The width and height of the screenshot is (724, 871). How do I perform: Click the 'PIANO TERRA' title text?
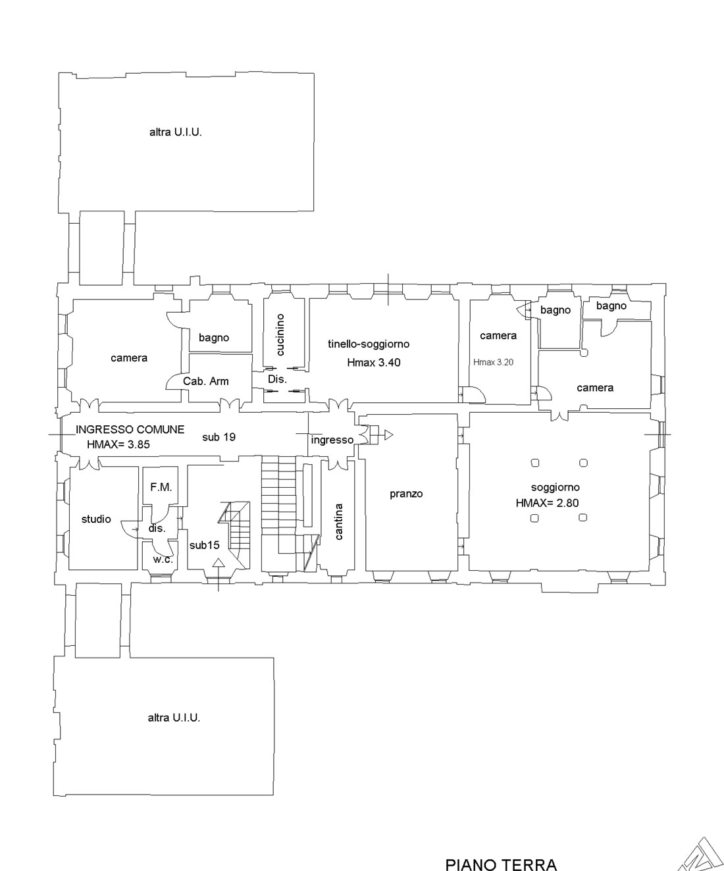(501, 864)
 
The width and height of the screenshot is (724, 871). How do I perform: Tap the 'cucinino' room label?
(280, 334)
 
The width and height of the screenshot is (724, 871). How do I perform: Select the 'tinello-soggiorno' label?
(369, 344)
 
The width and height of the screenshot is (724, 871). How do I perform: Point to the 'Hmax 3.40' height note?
(374, 363)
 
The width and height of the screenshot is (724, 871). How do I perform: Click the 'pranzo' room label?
(406, 494)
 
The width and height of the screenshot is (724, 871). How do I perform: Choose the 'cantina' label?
(339, 521)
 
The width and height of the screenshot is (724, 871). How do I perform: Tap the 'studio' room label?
(96, 519)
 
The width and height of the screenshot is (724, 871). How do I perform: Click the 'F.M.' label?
(161, 487)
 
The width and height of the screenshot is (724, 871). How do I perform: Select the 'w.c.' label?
(163, 560)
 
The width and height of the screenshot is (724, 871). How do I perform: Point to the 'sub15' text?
(204, 545)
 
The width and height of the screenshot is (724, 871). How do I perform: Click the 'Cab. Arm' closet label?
(206, 381)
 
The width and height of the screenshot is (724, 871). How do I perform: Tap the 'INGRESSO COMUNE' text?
(130, 430)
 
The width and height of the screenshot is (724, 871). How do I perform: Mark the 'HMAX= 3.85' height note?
(118, 444)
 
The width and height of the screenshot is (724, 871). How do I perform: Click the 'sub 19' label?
(219, 437)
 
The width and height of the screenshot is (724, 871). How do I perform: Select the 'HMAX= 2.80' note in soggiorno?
(547, 503)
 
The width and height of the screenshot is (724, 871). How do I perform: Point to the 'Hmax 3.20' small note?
(493, 363)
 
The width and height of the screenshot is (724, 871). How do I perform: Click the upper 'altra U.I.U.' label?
(176, 132)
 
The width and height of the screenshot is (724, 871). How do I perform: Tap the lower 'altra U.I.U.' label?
(174, 718)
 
